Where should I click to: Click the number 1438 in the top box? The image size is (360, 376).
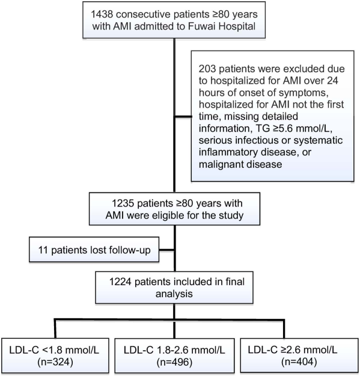102,14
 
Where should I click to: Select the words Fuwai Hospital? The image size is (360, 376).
222,26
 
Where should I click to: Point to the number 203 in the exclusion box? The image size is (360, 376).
207,69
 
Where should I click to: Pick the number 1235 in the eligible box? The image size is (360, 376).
123,203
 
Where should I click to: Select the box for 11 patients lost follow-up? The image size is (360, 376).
94,250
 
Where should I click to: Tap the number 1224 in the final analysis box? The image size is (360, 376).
120,282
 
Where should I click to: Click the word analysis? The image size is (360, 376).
174,294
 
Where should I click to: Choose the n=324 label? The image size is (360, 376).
55,362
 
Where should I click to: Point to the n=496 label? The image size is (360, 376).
174,362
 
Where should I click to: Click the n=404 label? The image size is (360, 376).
299,362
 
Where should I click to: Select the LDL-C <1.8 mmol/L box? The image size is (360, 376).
55,356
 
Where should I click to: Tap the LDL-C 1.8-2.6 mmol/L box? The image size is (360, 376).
174,356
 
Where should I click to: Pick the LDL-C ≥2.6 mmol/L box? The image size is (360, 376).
300,356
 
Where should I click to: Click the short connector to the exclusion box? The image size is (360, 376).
183,117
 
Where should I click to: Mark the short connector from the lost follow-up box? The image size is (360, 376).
166,250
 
